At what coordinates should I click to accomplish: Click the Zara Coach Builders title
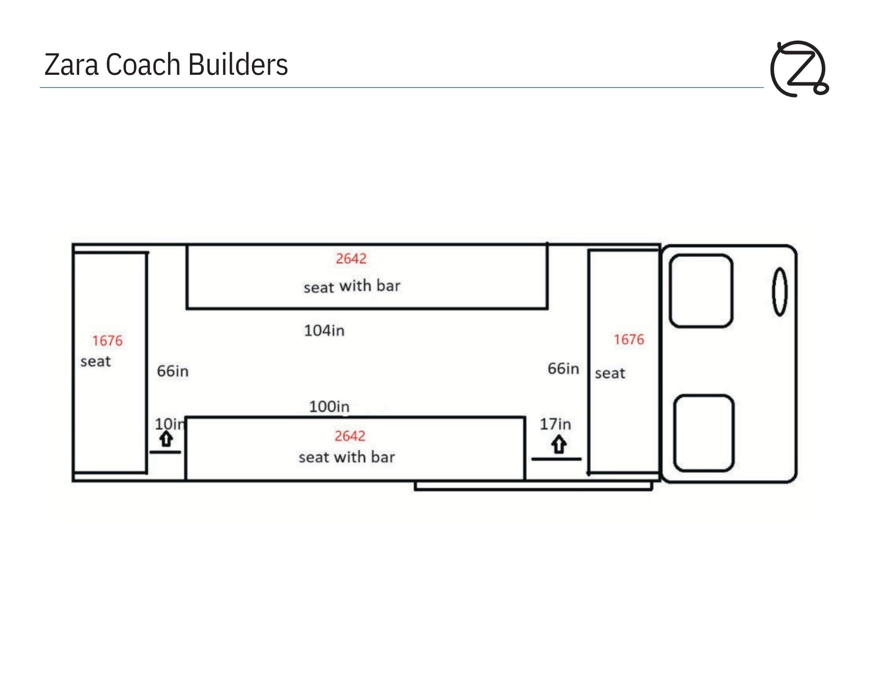pyautogui.click(x=166, y=64)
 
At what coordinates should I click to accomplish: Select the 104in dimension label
pyautogui.click(x=324, y=330)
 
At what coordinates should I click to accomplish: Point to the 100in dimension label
pyautogui.click(x=329, y=406)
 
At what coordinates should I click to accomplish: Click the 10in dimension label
pyautogui.click(x=170, y=424)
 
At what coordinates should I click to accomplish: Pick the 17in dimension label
pyautogui.click(x=555, y=424)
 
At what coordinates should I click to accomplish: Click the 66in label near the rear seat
pyautogui.click(x=173, y=371)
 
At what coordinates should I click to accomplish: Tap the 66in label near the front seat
pyautogui.click(x=563, y=368)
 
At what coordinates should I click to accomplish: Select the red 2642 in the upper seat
pyautogui.click(x=351, y=259)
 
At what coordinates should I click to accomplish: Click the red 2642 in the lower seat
pyautogui.click(x=350, y=436)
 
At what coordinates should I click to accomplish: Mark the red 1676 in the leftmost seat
pyautogui.click(x=107, y=341)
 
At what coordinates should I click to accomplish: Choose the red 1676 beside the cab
pyautogui.click(x=629, y=340)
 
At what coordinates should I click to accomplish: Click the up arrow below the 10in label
pyautogui.click(x=166, y=439)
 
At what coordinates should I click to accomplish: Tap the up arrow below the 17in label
pyautogui.click(x=559, y=445)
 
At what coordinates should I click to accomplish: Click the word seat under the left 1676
pyautogui.click(x=95, y=361)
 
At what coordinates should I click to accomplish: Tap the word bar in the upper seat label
pyautogui.click(x=388, y=286)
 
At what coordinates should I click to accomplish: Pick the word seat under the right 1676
pyautogui.click(x=610, y=373)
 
